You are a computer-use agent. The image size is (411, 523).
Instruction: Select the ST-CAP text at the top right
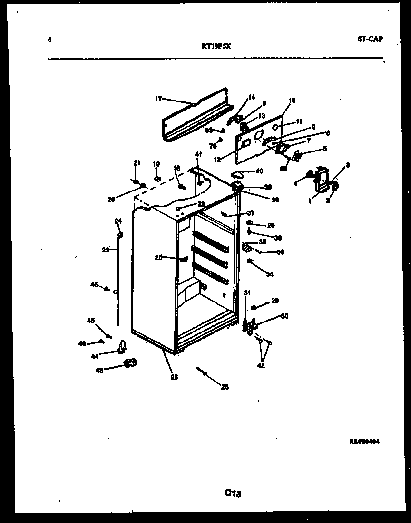[x=370, y=39]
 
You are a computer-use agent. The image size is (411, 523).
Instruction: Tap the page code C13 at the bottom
[x=233, y=493]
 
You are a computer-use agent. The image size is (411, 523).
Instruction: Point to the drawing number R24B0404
[x=364, y=442]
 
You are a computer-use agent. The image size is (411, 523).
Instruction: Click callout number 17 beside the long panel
[x=158, y=99]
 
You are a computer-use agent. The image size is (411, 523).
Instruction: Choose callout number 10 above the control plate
[x=292, y=101]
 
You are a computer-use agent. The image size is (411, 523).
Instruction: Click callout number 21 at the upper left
[x=137, y=163]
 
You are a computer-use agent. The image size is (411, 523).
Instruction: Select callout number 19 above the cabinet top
[x=156, y=164]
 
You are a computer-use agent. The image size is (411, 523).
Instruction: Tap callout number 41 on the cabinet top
[x=198, y=154]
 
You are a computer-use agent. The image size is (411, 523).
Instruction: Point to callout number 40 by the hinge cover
[x=259, y=171]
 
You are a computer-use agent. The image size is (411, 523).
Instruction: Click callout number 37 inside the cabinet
[x=251, y=213]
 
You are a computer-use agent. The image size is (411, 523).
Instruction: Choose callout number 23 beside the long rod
[x=106, y=249]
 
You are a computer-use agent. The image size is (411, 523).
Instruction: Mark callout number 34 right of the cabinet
[x=270, y=274]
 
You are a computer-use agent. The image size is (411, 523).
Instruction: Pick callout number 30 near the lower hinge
[x=285, y=316]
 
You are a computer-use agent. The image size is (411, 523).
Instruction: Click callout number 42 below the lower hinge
[x=260, y=365]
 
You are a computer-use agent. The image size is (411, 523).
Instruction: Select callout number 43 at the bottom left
[x=100, y=370]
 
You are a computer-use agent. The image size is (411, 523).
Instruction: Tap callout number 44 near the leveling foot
[x=94, y=356]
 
